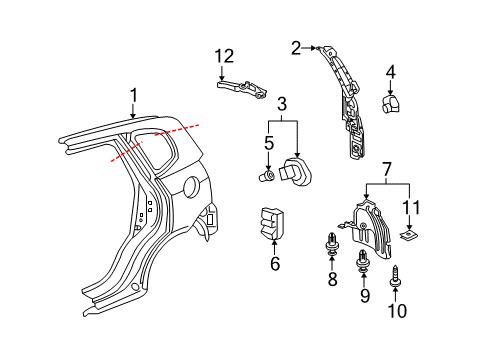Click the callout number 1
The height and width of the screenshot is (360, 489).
coord(131,95)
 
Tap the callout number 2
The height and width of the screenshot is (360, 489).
coord(296,47)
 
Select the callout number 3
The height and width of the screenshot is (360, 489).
coord(283,105)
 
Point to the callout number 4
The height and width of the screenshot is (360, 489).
coord(391,72)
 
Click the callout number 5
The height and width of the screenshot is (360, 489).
coord(268,143)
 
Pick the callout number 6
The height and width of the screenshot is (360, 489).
coord(275,264)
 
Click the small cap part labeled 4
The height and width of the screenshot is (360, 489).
coord(391,103)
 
